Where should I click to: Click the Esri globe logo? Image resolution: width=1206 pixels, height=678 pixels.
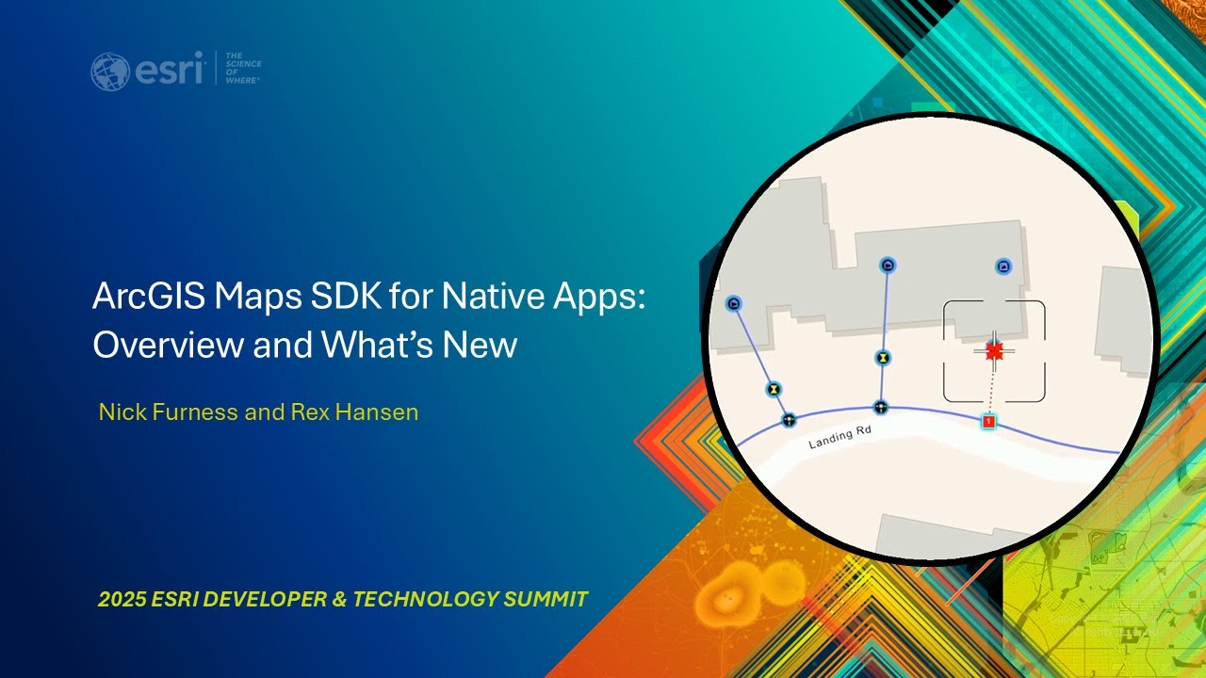tap(110, 72)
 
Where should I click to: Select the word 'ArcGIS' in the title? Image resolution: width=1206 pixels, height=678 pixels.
tap(147, 299)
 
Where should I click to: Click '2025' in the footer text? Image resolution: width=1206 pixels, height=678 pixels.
tap(121, 599)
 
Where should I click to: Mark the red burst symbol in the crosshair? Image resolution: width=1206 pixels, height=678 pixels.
tap(994, 351)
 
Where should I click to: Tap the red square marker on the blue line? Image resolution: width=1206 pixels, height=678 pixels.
tap(988, 422)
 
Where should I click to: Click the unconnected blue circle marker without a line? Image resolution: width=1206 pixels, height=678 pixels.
tap(1003, 267)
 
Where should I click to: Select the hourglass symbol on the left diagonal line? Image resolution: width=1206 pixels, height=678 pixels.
tap(774, 388)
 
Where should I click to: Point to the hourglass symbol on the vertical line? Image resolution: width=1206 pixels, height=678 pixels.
tap(882, 359)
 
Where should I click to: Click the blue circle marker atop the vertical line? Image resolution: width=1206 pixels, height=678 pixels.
tap(888, 266)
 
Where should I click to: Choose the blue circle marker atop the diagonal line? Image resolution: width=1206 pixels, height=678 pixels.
tap(734, 304)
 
